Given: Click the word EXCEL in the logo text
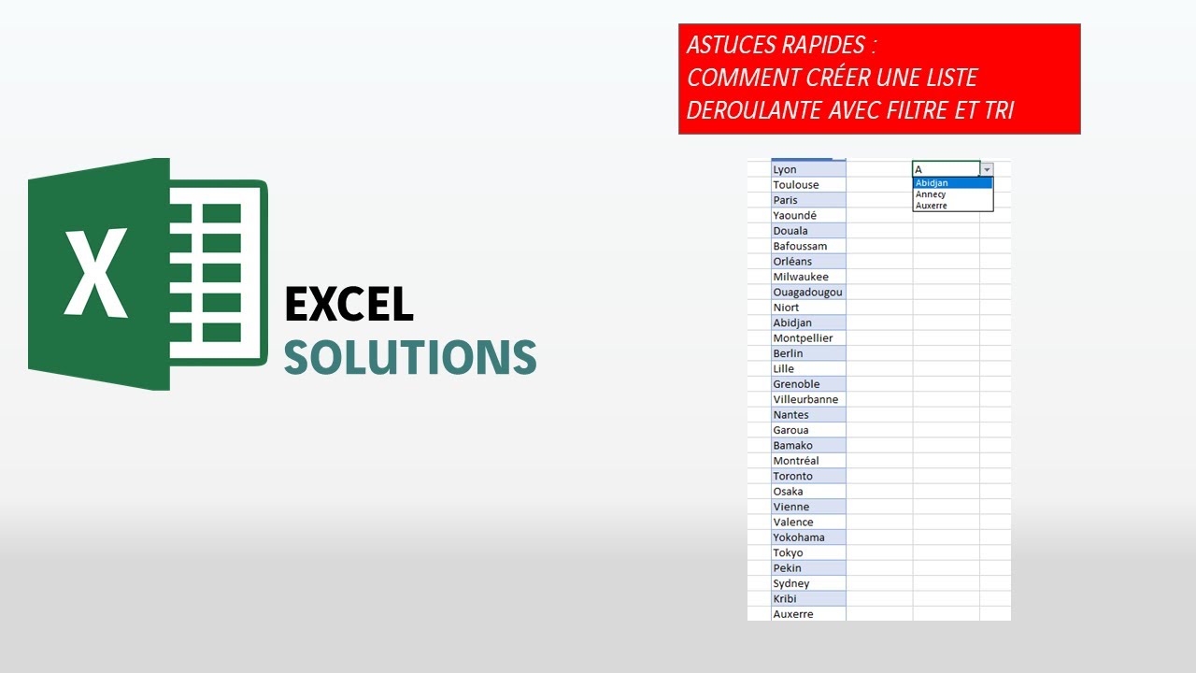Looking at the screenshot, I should (x=349, y=305).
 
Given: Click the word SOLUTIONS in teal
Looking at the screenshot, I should (x=410, y=357).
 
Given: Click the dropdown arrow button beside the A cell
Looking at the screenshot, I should (x=987, y=169).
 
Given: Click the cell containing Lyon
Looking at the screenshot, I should (x=808, y=169).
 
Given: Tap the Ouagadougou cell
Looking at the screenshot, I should (x=808, y=292).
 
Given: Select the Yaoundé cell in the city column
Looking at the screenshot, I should (x=808, y=215).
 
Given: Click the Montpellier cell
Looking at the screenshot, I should (x=808, y=337).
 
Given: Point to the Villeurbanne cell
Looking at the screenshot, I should (x=808, y=399).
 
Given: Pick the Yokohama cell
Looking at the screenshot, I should (x=808, y=537).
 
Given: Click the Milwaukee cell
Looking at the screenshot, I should (x=808, y=277).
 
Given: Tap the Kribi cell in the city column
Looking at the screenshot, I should (x=808, y=598).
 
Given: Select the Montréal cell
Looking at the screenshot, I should (x=808, y=461).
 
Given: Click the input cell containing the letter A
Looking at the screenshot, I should (x=946, y=169).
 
